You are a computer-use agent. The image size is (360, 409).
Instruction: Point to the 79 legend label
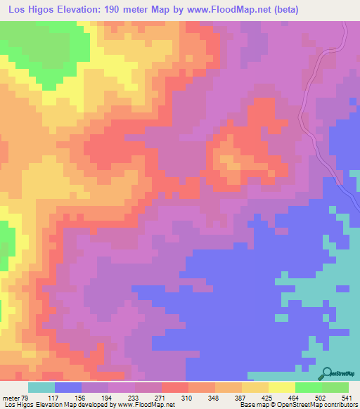[27, 398]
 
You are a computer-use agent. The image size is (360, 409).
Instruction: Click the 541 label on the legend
[347, 398]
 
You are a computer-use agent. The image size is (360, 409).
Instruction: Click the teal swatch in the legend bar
[41, 387]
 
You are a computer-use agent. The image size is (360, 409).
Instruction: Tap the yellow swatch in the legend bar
[281, 387]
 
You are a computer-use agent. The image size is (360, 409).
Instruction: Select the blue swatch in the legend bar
[67, 387]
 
